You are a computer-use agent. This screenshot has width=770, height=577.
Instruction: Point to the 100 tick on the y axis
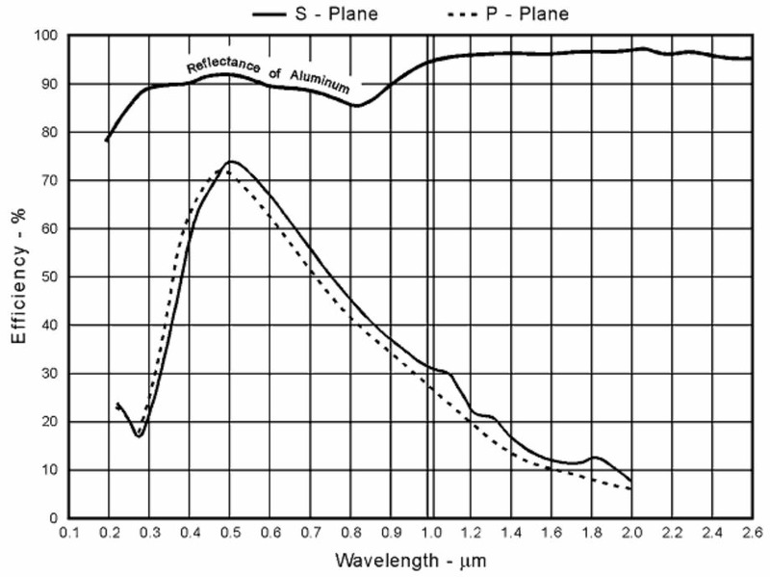tap(47, 36)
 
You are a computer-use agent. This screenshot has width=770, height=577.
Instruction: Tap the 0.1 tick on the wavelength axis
tap(68, 531)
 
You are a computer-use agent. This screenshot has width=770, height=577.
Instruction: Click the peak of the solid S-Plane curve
tap(231, 162)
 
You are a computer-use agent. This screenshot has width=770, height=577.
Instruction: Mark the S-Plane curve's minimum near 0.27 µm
tap(139, 436)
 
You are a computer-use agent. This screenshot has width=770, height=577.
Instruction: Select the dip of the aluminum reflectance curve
tap(357, 105)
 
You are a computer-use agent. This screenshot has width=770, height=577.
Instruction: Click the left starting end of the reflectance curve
tap(107, 141)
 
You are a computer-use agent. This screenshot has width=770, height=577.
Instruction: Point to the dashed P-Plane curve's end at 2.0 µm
tap(630, 488)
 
